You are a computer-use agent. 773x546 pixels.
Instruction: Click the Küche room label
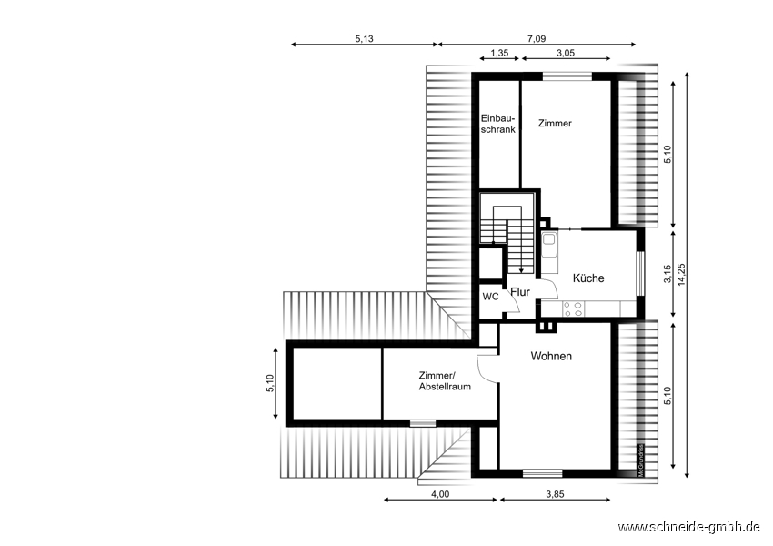(588, 278)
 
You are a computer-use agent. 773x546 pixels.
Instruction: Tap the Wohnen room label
(551, 356)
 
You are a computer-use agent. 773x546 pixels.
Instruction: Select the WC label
(490, 297)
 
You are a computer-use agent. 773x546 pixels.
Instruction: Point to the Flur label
(520, 292)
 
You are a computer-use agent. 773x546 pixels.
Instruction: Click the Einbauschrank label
(498, 124)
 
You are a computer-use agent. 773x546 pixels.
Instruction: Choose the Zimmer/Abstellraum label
(445, 381)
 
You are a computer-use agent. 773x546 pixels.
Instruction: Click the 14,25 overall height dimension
(682, 275)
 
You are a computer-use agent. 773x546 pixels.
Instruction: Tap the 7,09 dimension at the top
(537, 39)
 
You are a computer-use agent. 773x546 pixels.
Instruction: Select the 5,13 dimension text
(365, 39)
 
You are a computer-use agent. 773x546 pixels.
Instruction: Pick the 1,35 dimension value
(499, 53)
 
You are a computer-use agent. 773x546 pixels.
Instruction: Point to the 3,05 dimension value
(566, 53)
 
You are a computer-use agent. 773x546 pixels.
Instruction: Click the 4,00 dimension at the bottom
(440, 494)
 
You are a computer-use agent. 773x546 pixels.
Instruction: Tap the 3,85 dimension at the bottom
(555, 494)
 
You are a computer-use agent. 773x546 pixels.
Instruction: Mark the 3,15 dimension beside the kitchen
(668, 274)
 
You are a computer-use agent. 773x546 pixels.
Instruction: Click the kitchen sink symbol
(549, 247)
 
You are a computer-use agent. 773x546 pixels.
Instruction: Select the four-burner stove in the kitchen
(573, 308)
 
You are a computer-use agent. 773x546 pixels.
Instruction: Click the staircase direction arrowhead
(521, 269)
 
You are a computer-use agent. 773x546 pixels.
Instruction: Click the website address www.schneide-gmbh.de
(688, 527)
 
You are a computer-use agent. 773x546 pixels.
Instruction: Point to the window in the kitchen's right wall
(640, 274)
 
